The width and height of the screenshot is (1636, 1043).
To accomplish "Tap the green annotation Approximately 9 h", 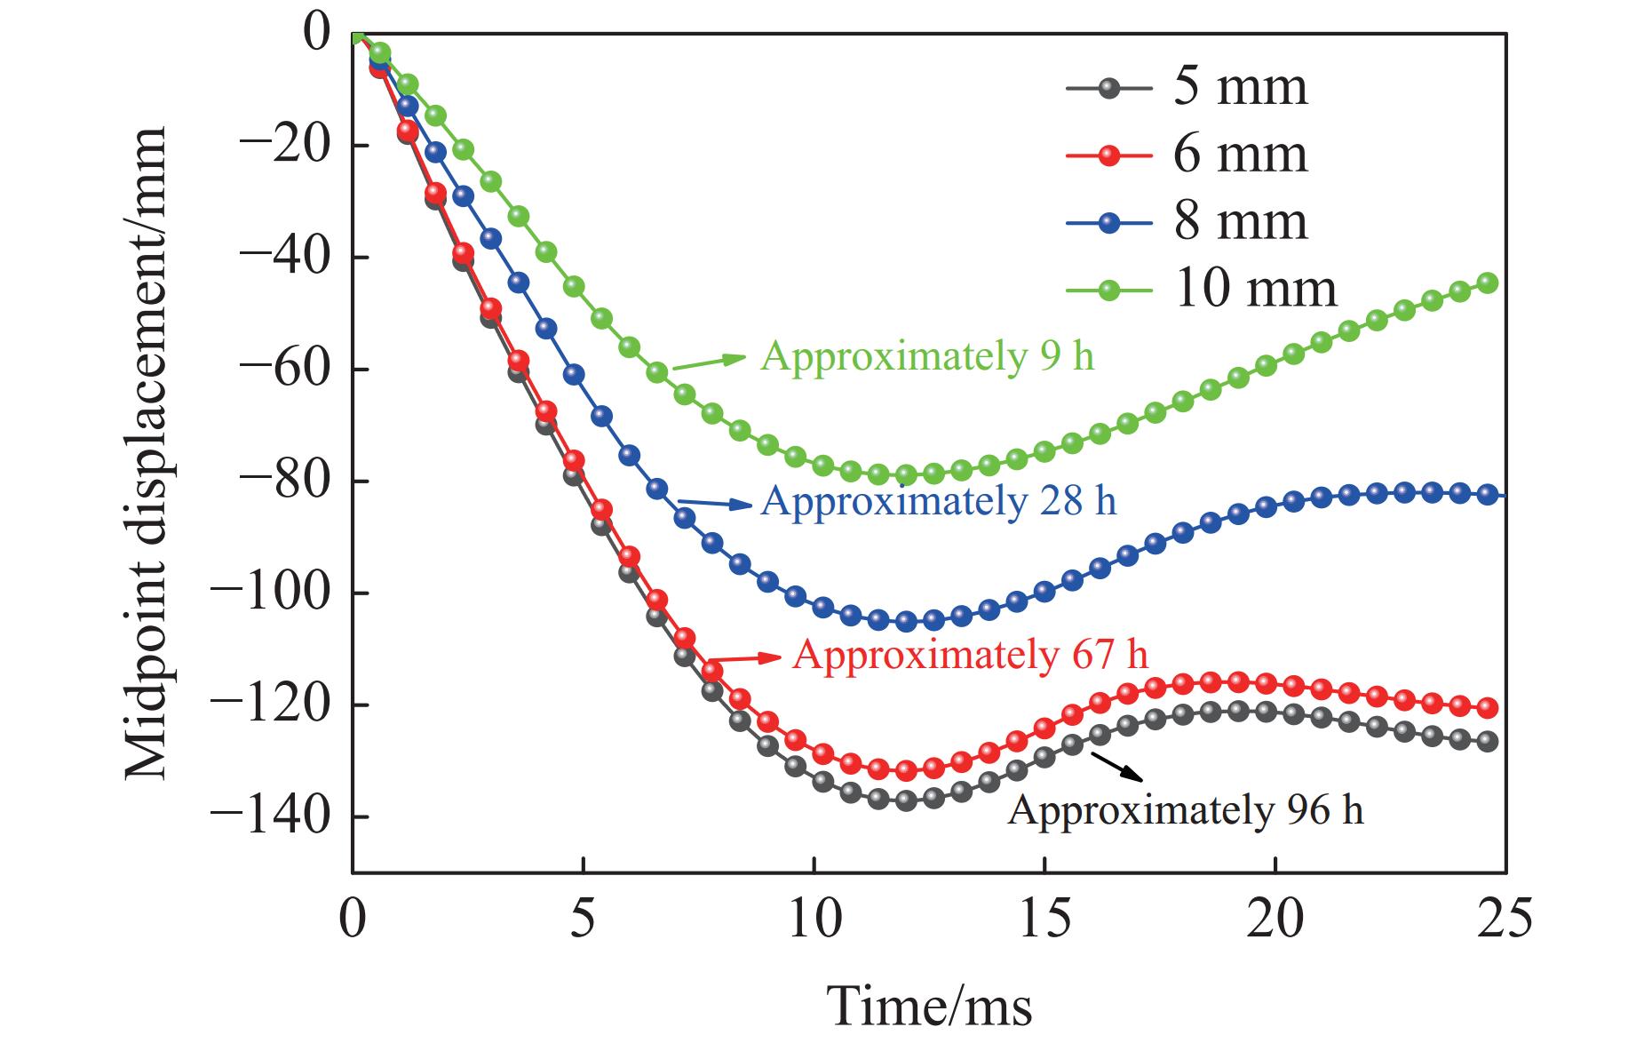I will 927,356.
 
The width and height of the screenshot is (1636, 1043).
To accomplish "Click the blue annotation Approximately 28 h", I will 938,502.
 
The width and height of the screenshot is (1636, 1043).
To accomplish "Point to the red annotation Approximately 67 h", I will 970,656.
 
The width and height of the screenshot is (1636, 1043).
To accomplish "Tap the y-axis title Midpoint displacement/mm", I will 146,453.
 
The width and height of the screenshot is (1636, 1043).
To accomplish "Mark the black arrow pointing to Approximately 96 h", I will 1117,767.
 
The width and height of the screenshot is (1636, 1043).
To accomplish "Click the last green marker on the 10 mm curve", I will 1488,283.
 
